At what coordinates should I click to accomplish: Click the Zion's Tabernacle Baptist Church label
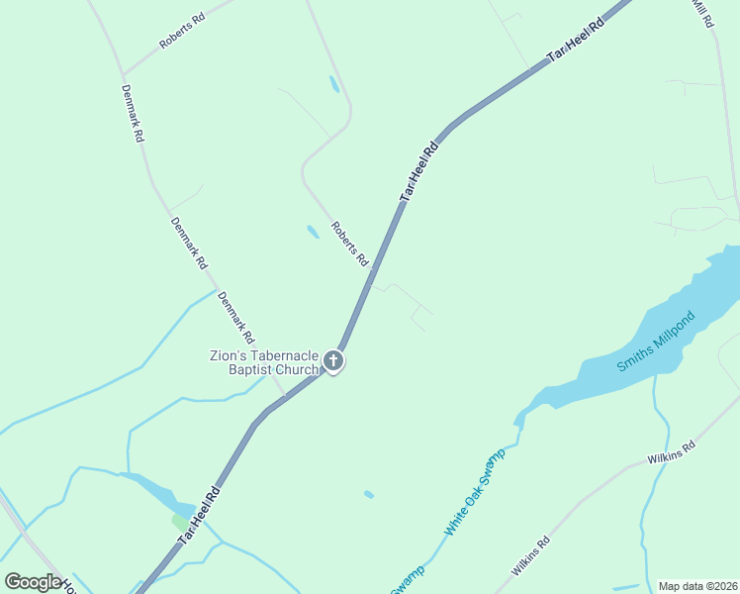click(x=264, y=362)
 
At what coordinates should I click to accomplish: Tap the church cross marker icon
click(x=334, y=361)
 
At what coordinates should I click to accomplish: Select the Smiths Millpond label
click(x=656, y=343)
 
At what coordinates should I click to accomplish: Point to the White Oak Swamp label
click(x=474, y=493)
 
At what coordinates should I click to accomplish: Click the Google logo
click(x=33, y=581)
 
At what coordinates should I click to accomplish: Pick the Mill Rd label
click(x=701, y=13)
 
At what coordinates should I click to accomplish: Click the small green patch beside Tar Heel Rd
click(x=179, y=520)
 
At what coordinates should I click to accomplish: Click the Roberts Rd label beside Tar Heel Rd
click(x=349, y=244)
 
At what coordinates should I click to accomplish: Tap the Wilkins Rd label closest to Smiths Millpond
click(x=672, y=452)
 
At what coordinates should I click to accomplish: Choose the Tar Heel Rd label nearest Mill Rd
click(x=576, y=43)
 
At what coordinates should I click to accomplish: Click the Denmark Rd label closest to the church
click(x=235, y=317)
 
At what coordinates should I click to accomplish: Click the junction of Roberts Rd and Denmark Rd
click(x=123, y=75)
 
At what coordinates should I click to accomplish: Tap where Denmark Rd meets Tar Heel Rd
click(x=286, y=396)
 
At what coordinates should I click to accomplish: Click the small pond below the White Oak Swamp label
click(x=369, y=494)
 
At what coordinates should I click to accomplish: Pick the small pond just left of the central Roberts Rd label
click(x=313, y=232)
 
